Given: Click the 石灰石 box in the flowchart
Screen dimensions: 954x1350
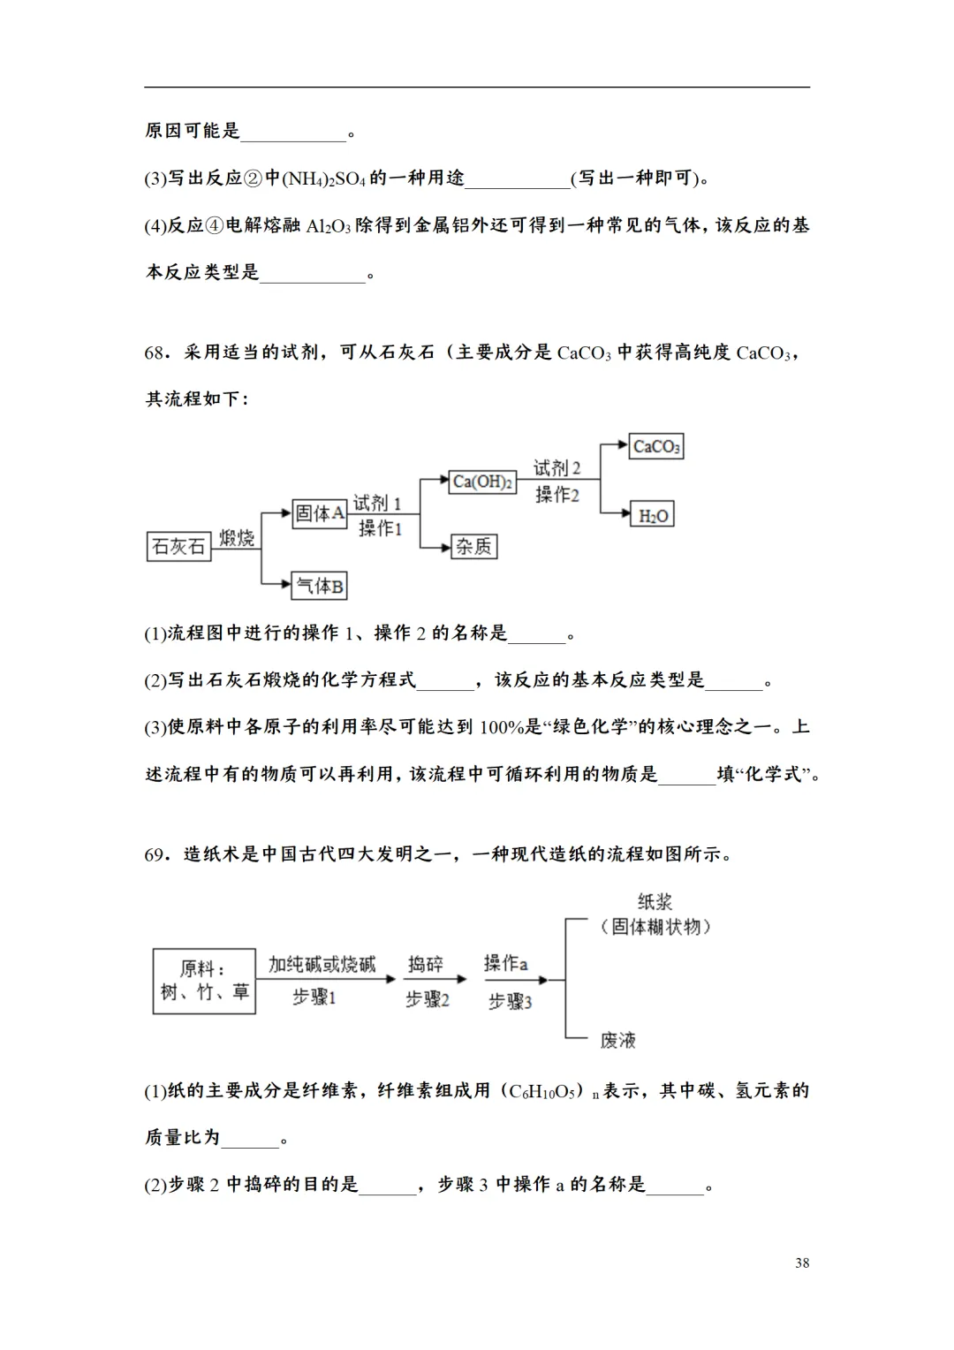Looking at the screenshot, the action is [x=178, y=547].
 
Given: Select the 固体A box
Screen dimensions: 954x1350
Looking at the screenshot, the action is [x=319, y=513].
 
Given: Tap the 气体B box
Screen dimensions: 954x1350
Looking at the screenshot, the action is [x=319, y=585].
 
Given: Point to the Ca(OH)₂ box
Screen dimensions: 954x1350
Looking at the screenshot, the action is [x=482, y=482].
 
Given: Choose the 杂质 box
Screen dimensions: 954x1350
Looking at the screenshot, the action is [x=473, y=547].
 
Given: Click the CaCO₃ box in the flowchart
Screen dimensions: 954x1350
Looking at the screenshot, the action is [x=656, y=446].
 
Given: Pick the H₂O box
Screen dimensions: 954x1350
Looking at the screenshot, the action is [x=654, y=515].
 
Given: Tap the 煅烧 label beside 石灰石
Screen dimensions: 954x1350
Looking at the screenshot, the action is [x=237, y=537].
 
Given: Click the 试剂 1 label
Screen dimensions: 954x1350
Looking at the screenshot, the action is [x=377, y=504].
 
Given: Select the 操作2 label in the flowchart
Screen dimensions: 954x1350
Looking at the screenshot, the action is [x=557, y=495].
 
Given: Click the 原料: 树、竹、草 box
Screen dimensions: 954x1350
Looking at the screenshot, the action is [x=204, y=981].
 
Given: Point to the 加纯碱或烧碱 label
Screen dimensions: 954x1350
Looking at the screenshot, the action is [x=322, y=964].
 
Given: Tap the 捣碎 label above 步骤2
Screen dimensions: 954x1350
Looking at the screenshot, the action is [x=426, y=964].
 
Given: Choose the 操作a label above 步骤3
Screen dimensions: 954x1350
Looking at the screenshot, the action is [x=505, y=963].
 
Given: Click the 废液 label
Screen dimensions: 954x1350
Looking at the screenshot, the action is [x=618, y=1040].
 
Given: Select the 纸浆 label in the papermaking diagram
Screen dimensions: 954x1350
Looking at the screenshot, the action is [x=655, y=902].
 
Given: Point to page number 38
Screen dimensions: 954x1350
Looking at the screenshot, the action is [x=802, y=1263].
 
